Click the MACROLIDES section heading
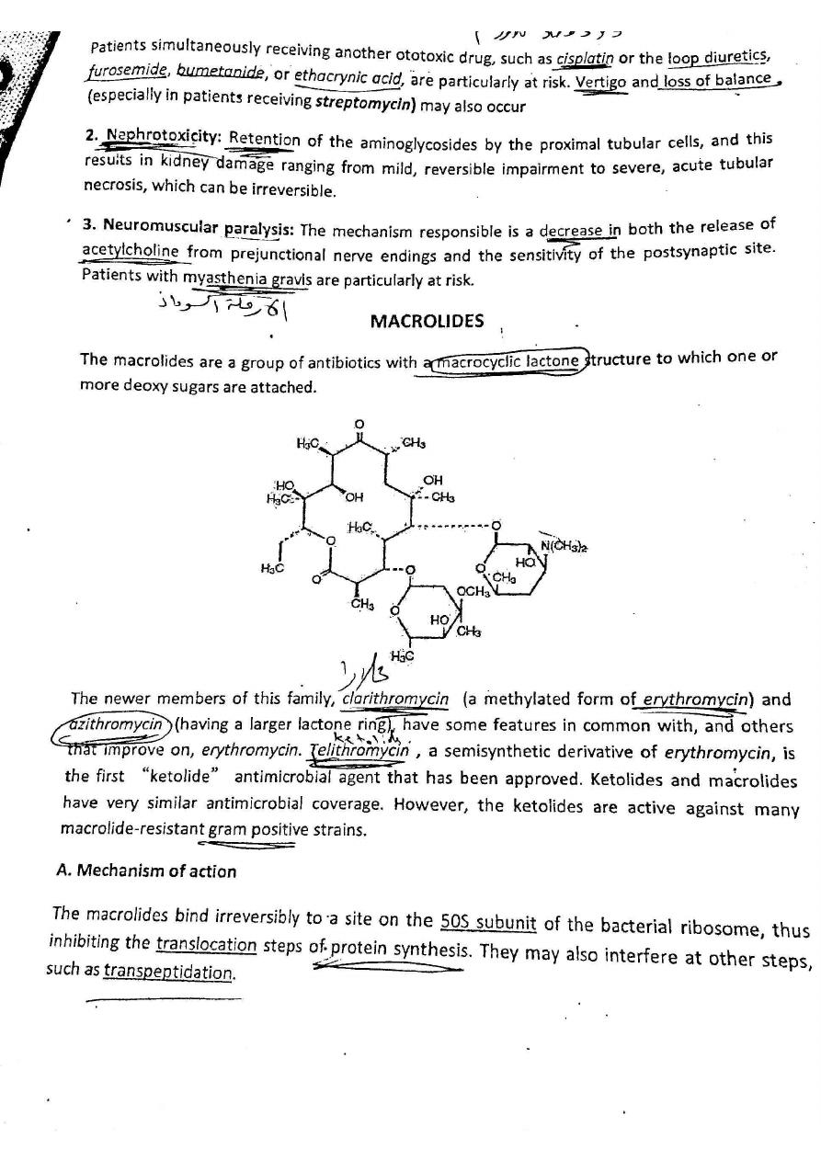427,321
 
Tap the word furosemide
126,71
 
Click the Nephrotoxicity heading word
161,136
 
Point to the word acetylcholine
130,250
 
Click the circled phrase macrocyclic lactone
507,361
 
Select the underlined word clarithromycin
394,699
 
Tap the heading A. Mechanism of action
146,871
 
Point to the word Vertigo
600,82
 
